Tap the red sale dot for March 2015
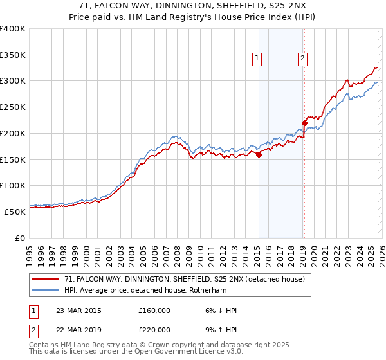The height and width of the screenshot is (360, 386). point(259,154)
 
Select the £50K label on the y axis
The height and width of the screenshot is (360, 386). point(15,211)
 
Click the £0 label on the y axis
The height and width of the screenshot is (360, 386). point(19,237)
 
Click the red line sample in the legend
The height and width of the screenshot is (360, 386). point(46,279)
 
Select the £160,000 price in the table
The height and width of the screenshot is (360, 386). point(154,310)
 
